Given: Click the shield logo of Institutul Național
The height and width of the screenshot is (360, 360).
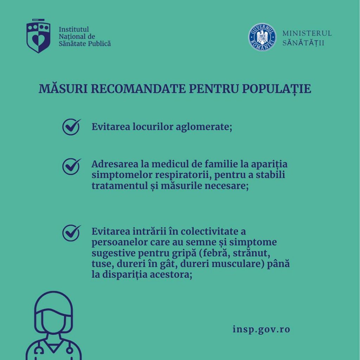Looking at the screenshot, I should tap(38, 36).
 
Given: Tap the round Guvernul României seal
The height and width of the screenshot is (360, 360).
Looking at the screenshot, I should tap(262, 37).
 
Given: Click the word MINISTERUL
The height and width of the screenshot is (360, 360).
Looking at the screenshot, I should tap(307, 33).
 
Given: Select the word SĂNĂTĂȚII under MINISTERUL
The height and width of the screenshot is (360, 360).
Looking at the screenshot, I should tap(303, 43).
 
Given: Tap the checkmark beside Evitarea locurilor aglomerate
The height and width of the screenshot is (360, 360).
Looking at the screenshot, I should tap(71, 127).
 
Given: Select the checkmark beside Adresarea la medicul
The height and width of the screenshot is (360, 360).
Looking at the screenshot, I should tap(71, 166).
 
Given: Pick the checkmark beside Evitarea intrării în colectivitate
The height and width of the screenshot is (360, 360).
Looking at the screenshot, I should tap(71, 233).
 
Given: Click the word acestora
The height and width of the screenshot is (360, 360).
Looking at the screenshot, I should tap(170, 275).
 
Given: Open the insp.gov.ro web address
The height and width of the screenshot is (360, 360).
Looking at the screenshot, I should tap(261, 329).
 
